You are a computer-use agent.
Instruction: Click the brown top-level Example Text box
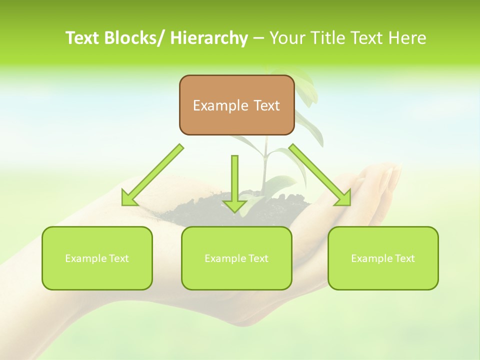pos(236,105)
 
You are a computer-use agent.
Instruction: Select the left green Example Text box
pos(97,258)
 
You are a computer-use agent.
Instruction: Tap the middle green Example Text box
pos(236,258)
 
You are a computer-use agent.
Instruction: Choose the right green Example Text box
pos(383,258)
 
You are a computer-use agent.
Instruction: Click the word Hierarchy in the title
pos(209,38)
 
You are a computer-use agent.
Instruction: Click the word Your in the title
pos(286,38)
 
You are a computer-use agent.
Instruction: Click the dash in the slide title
pos(258,38)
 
